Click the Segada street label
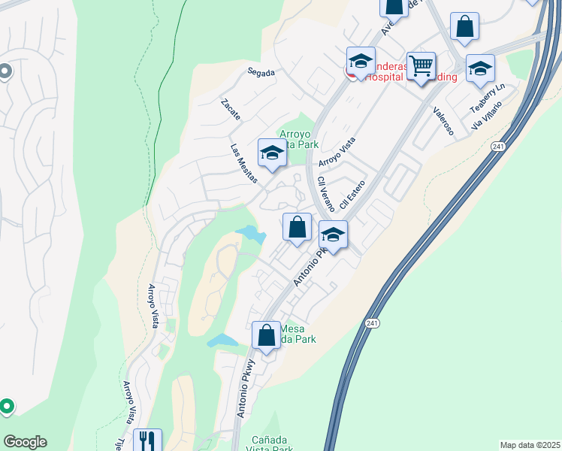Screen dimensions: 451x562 click(x=261, y=73)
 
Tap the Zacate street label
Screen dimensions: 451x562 click(x=231, y=110)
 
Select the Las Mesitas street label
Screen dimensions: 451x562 click(x=244, y=164)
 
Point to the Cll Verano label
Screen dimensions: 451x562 click(x=325, y=194)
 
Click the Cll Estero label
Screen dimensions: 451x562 click(x=352, y=194)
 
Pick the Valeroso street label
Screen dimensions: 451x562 click(x=443, y=120)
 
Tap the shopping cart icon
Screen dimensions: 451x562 click(x=421, y=65)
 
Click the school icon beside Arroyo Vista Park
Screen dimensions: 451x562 click(x=271, y=153)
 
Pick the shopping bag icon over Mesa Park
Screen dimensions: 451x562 click(x=266, y=334)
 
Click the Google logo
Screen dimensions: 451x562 click(x=25, y=442)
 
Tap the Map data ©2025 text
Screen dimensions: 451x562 click(x=530, y=445)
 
